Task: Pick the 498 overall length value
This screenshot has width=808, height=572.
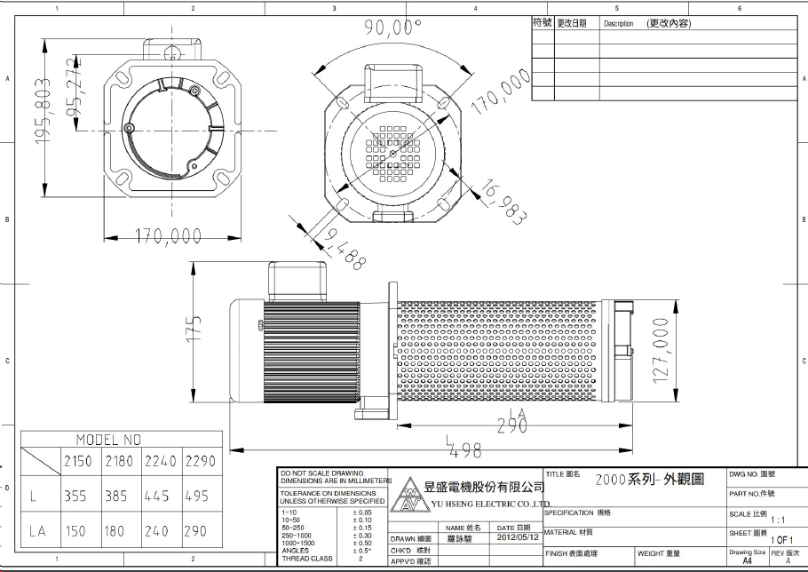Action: pos(463,451)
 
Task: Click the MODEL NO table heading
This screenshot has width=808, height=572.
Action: pos(108,439)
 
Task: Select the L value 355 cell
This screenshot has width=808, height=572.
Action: pos(75,497)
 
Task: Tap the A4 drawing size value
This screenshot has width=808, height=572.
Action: pos(747,561)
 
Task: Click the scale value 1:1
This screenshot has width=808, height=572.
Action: pos(778,520)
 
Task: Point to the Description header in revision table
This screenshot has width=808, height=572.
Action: pos(618,24)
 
